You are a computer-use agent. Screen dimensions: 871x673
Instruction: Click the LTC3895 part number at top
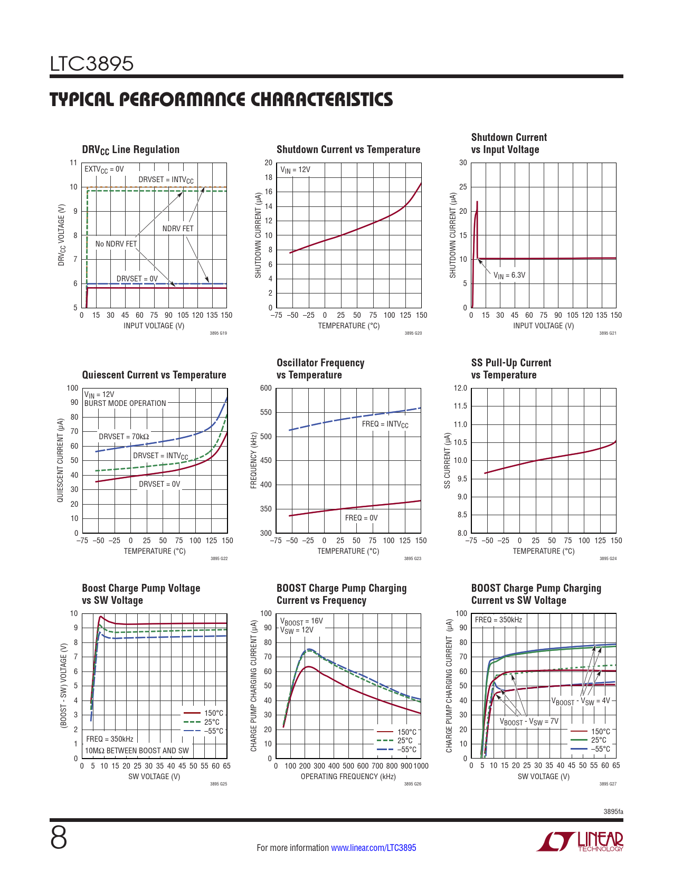click(x=92, y=64)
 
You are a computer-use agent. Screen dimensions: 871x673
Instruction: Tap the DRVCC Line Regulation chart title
click(x=130, y=150)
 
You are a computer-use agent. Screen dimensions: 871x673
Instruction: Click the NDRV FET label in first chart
click(x=178, y=229)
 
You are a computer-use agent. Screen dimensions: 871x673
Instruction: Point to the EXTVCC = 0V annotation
click(x=104, y=169)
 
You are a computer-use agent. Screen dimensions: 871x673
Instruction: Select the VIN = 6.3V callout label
click(x=509, y=276)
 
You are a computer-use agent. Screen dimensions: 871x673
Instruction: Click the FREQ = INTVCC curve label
click(x=385, y=424)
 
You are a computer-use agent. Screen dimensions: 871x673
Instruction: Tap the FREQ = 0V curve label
click(x=361, y=518)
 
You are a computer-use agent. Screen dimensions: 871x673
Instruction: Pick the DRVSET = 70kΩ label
click(x=124, y=437)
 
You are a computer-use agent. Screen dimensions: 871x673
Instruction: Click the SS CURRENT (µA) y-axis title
click(x=447, y=460)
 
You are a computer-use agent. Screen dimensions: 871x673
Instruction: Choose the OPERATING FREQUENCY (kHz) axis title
click(x=348, y=777)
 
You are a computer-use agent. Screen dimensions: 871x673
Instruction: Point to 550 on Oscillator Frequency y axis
click(x=266, y=412)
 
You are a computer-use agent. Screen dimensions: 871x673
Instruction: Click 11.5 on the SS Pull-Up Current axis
click(x=460, y=406)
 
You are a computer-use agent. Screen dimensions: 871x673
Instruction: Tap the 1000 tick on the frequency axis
click(x=421, y=766)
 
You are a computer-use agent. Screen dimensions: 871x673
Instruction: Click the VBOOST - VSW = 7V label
click(x=529, y=722)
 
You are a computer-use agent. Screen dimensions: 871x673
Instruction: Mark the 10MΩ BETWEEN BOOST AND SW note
click(x=137, y=751)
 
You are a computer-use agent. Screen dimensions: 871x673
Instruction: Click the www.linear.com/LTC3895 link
click(x=373, y=848)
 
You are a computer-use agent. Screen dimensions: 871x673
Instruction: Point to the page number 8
click(x=59, y=838)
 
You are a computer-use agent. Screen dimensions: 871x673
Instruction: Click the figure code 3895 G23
click(x=412, y=558)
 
